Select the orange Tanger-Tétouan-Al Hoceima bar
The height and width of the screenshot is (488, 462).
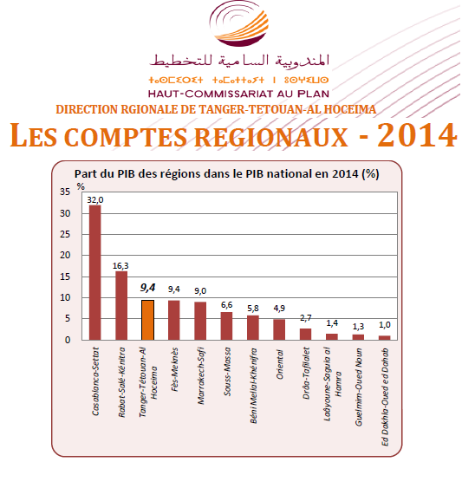coord(147,320)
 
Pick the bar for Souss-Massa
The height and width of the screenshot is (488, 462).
coord(227,326)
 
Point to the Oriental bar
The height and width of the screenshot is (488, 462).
coord(279,329)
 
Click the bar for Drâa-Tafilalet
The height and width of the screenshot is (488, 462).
coord(305,335)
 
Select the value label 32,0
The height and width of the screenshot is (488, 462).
coord(95,199)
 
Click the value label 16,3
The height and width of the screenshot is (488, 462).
coord(121,265)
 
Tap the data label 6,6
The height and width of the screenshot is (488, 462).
coord(227,305)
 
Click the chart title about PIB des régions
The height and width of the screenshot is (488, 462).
coord(227,172)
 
